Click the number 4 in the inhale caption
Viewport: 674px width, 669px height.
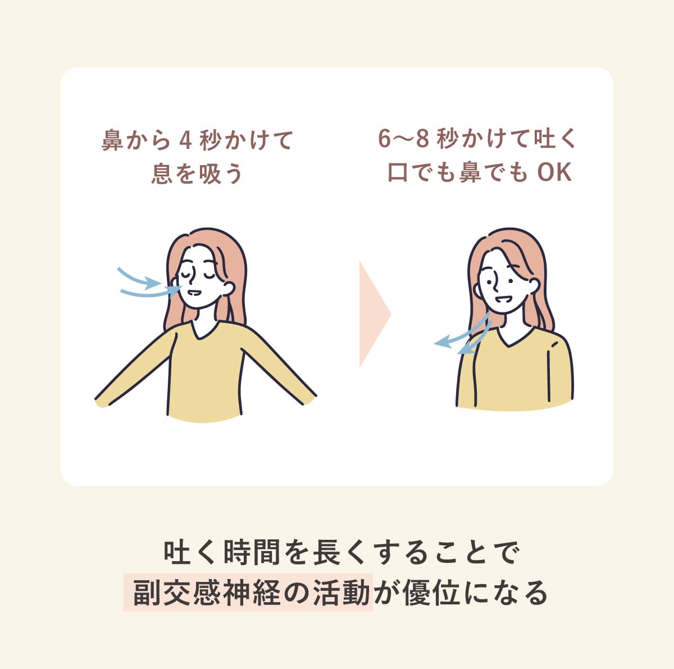click(x=185, y=140)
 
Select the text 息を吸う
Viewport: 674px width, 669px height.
click(x=197, y=173)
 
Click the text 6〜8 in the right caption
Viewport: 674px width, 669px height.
click(x=403, y=139)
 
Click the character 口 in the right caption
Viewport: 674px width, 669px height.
click(x=398, y=172)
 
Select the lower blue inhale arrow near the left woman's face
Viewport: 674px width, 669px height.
click(x=151, y=293)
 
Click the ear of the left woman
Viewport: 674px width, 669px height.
click(x=229, y=288)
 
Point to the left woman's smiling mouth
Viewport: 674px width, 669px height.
click(x=193, y=292)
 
